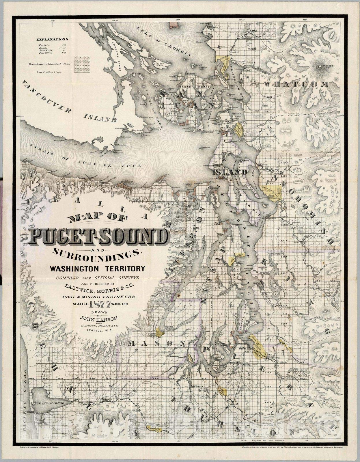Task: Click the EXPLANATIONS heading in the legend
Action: click(x=52, y=39)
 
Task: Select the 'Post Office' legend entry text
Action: click(x=46, y=53)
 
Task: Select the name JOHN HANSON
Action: click(x=98, y=319)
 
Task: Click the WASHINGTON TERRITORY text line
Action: click(x=97, y=269)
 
